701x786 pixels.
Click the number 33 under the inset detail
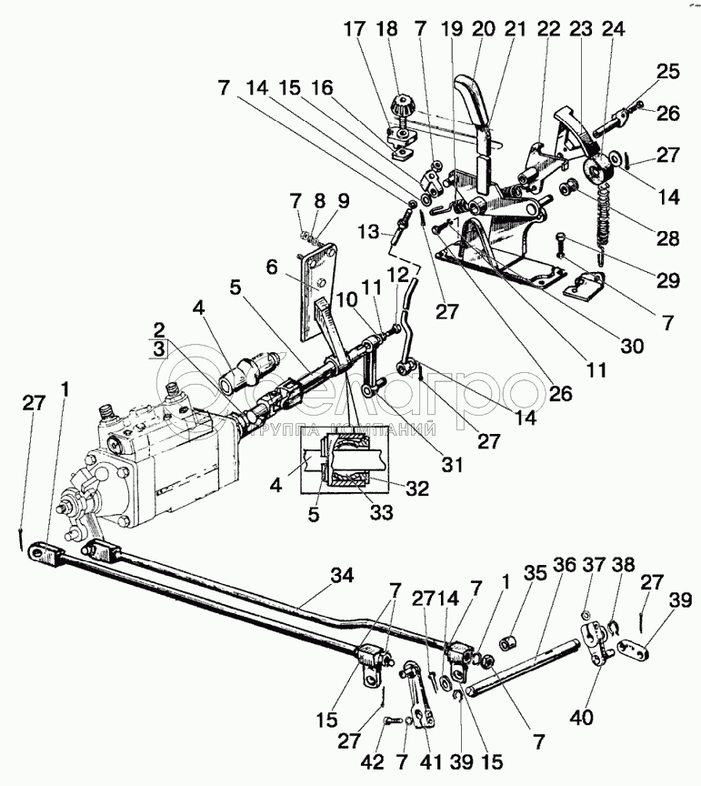[x=382, y=513]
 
